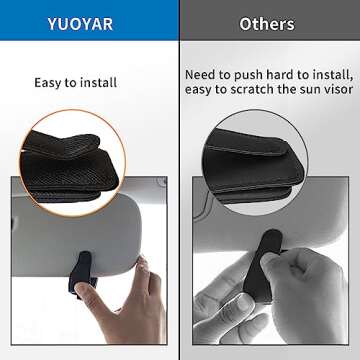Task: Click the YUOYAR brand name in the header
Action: [88, 23]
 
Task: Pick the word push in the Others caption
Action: [254, 75]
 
